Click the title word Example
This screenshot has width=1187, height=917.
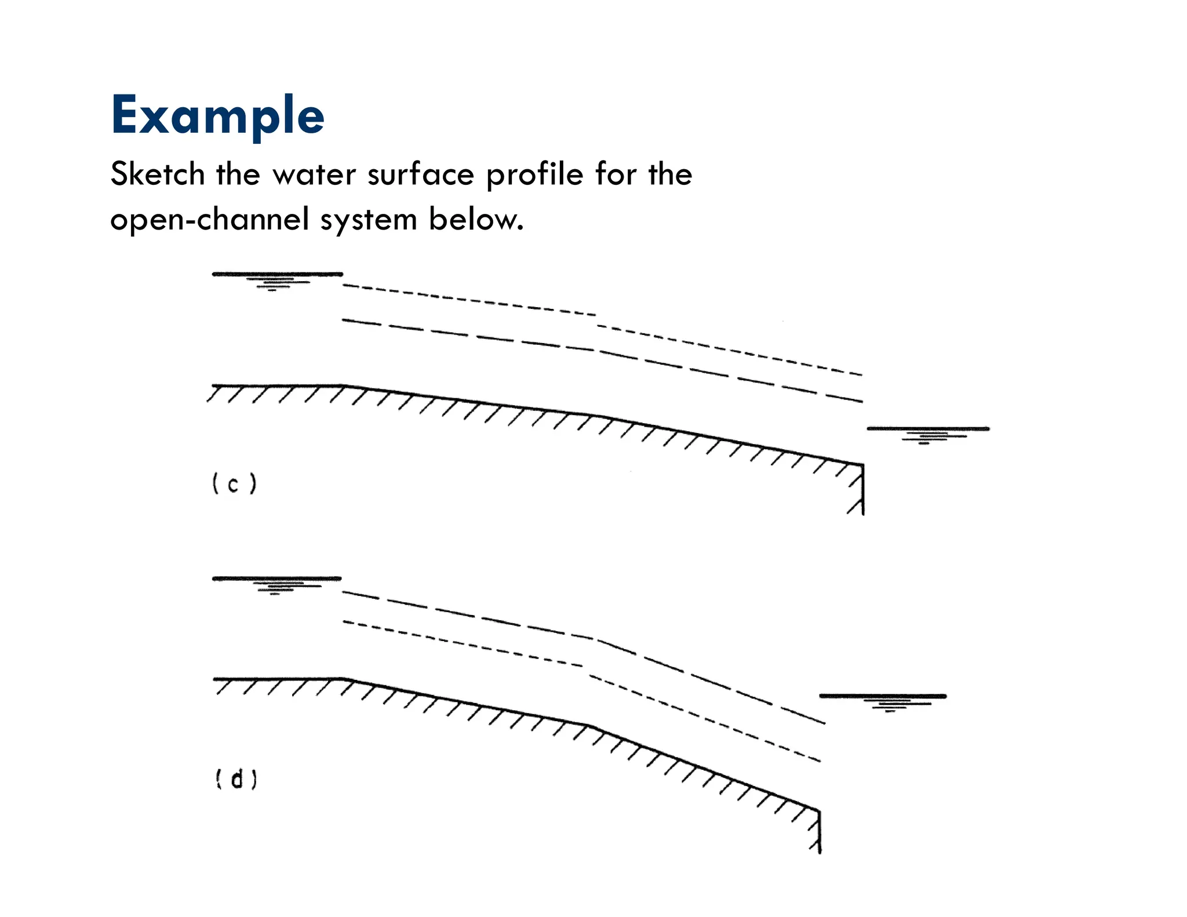(217, 116)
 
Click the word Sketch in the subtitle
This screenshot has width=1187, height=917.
(158, 174)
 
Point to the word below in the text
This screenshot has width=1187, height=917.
(476, 219)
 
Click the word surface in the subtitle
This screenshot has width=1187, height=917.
(421, 174)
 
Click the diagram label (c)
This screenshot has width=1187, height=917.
(234, 483)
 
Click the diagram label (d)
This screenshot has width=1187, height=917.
(236, 779)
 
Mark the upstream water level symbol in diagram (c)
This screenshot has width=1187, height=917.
(277, 278)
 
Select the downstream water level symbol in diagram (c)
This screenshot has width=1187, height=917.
(928, 432)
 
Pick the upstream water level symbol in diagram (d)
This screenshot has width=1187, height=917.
(276, 583)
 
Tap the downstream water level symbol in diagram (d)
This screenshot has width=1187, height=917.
(883, 700)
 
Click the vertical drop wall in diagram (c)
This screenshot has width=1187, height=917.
(863, 490)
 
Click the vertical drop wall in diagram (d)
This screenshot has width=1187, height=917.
(820, 832)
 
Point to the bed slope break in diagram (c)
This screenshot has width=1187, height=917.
(603, 416)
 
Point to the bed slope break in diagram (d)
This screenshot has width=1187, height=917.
(589, 725)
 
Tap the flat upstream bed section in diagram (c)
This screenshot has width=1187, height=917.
(277, 385)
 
